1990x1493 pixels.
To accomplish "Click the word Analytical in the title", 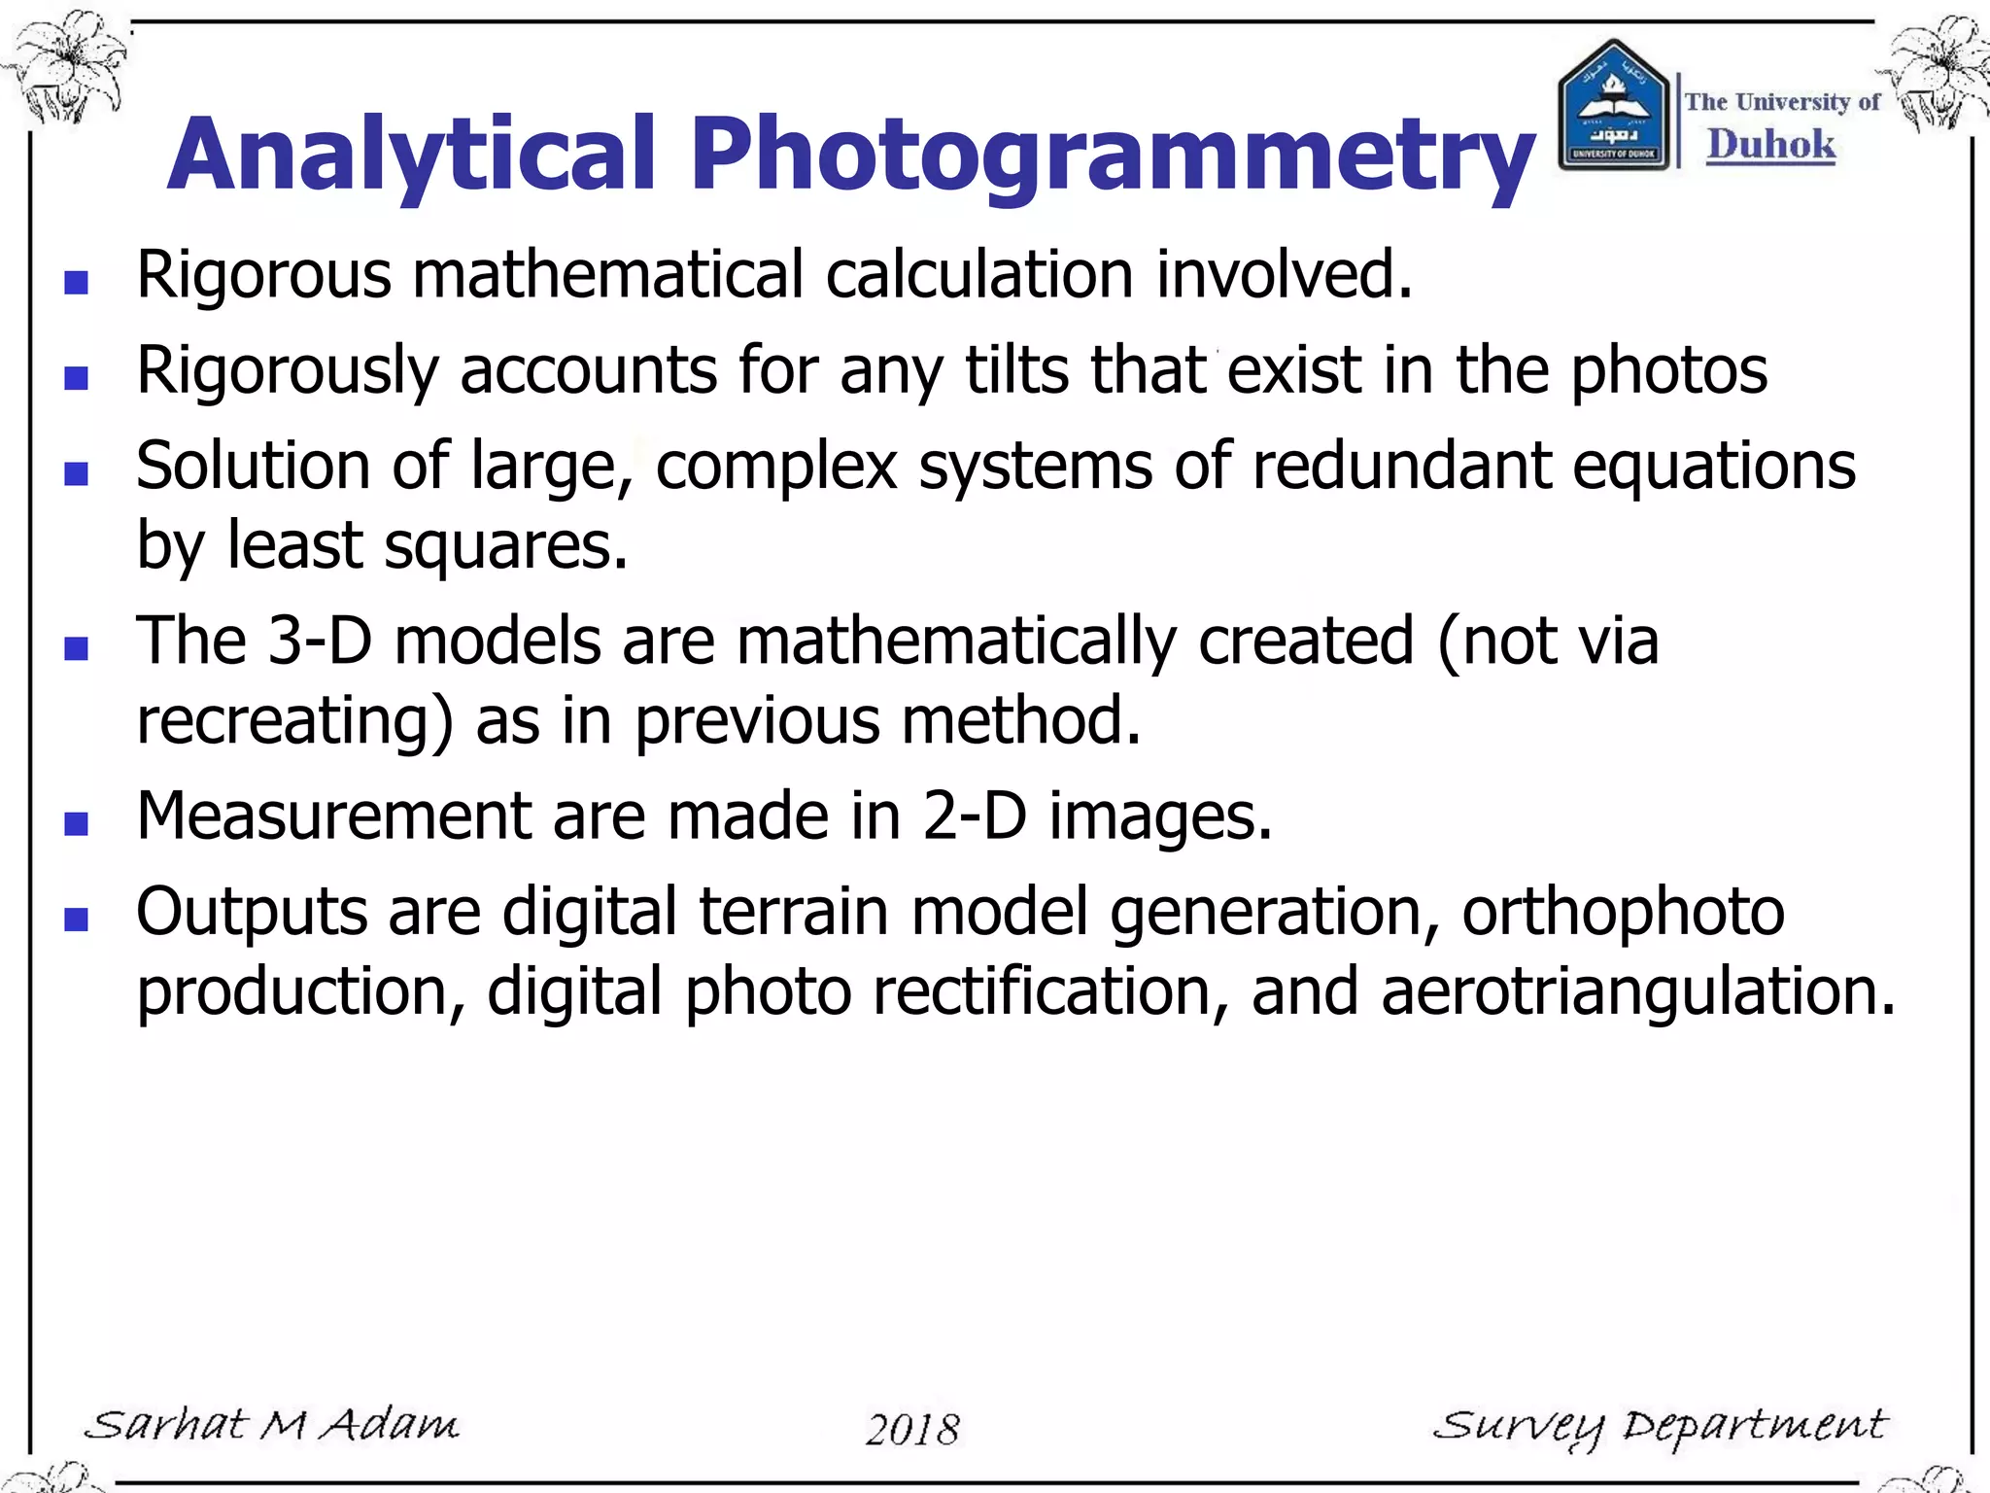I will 413,156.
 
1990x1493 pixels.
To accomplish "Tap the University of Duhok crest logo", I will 1613,107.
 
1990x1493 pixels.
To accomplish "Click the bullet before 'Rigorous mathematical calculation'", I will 76,283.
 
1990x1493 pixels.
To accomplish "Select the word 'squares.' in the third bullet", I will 506,545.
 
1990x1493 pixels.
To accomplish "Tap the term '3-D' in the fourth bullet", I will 320,642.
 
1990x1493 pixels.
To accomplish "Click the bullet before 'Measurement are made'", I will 76,824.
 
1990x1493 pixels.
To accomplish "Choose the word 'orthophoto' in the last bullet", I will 1623,913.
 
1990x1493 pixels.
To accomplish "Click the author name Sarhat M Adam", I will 272,1426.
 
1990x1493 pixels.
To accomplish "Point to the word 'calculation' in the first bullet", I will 979,275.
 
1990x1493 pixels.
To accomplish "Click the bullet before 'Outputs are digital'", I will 76,920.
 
